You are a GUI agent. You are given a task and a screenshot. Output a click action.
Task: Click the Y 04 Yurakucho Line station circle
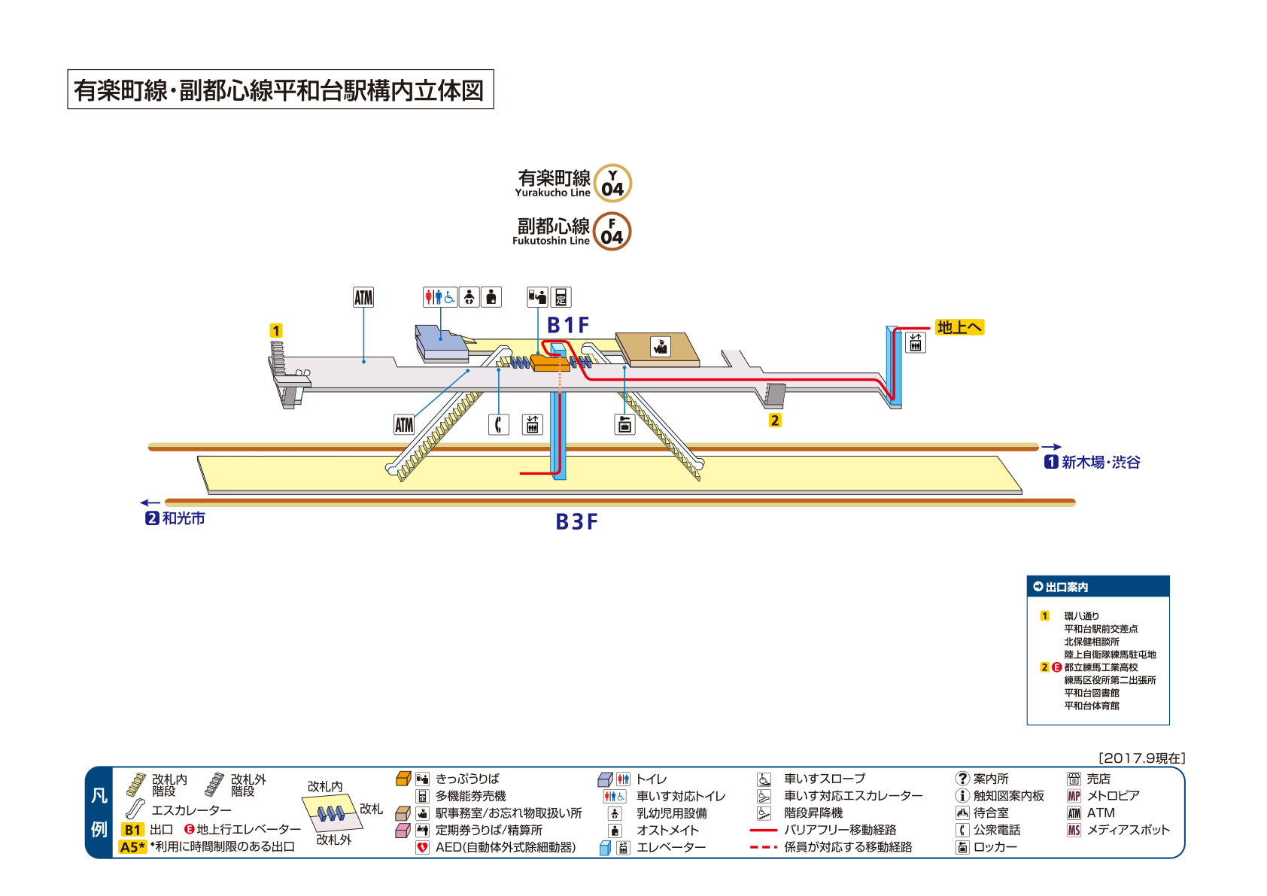click(612, 184)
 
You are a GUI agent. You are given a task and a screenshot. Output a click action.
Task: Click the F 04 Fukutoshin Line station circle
click(612, 232)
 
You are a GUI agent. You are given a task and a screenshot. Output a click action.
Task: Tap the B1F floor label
click(567, 325)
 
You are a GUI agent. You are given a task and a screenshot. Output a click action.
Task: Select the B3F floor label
click(576, 522)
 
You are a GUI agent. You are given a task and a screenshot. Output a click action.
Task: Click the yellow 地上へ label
click(959, 327)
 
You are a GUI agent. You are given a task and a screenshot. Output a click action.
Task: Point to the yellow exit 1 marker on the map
click(276, 331)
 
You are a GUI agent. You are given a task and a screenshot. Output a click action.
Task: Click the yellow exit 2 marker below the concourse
click(775, 421)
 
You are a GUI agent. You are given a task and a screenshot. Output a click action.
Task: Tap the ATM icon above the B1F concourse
click(363, 297)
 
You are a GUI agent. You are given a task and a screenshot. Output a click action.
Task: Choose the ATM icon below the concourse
click(404, 425)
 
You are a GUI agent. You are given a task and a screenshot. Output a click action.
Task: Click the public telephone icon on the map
click(499, 424)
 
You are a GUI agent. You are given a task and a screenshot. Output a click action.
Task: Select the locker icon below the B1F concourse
click(624, 424)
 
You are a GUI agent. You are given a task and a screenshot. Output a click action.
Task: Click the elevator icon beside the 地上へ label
click(916, 343)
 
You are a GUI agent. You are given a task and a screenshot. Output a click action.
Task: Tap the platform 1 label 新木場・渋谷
click(1100, 463)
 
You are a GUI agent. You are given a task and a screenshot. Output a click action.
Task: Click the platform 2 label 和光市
click(183, 518)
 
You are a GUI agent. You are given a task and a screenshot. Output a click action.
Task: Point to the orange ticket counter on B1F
click(548, 363)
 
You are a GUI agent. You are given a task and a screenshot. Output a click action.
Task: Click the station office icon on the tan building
click(661, 346)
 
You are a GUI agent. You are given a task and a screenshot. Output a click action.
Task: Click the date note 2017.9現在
click(1141, 758)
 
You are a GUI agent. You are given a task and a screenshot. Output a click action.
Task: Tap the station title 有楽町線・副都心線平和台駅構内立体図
click(280, 90)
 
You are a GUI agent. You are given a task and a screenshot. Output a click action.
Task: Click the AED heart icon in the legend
click(423, 848)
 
